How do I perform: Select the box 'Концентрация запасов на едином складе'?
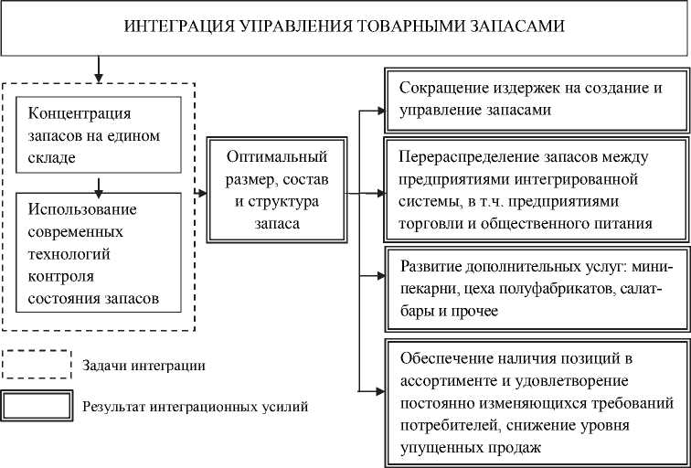[99, 136]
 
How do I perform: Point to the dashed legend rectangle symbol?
[37, 365]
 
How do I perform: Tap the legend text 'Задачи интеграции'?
[144, 366]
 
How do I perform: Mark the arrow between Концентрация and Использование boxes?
[98, 186]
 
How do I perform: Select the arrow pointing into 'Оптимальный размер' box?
[201, 191]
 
